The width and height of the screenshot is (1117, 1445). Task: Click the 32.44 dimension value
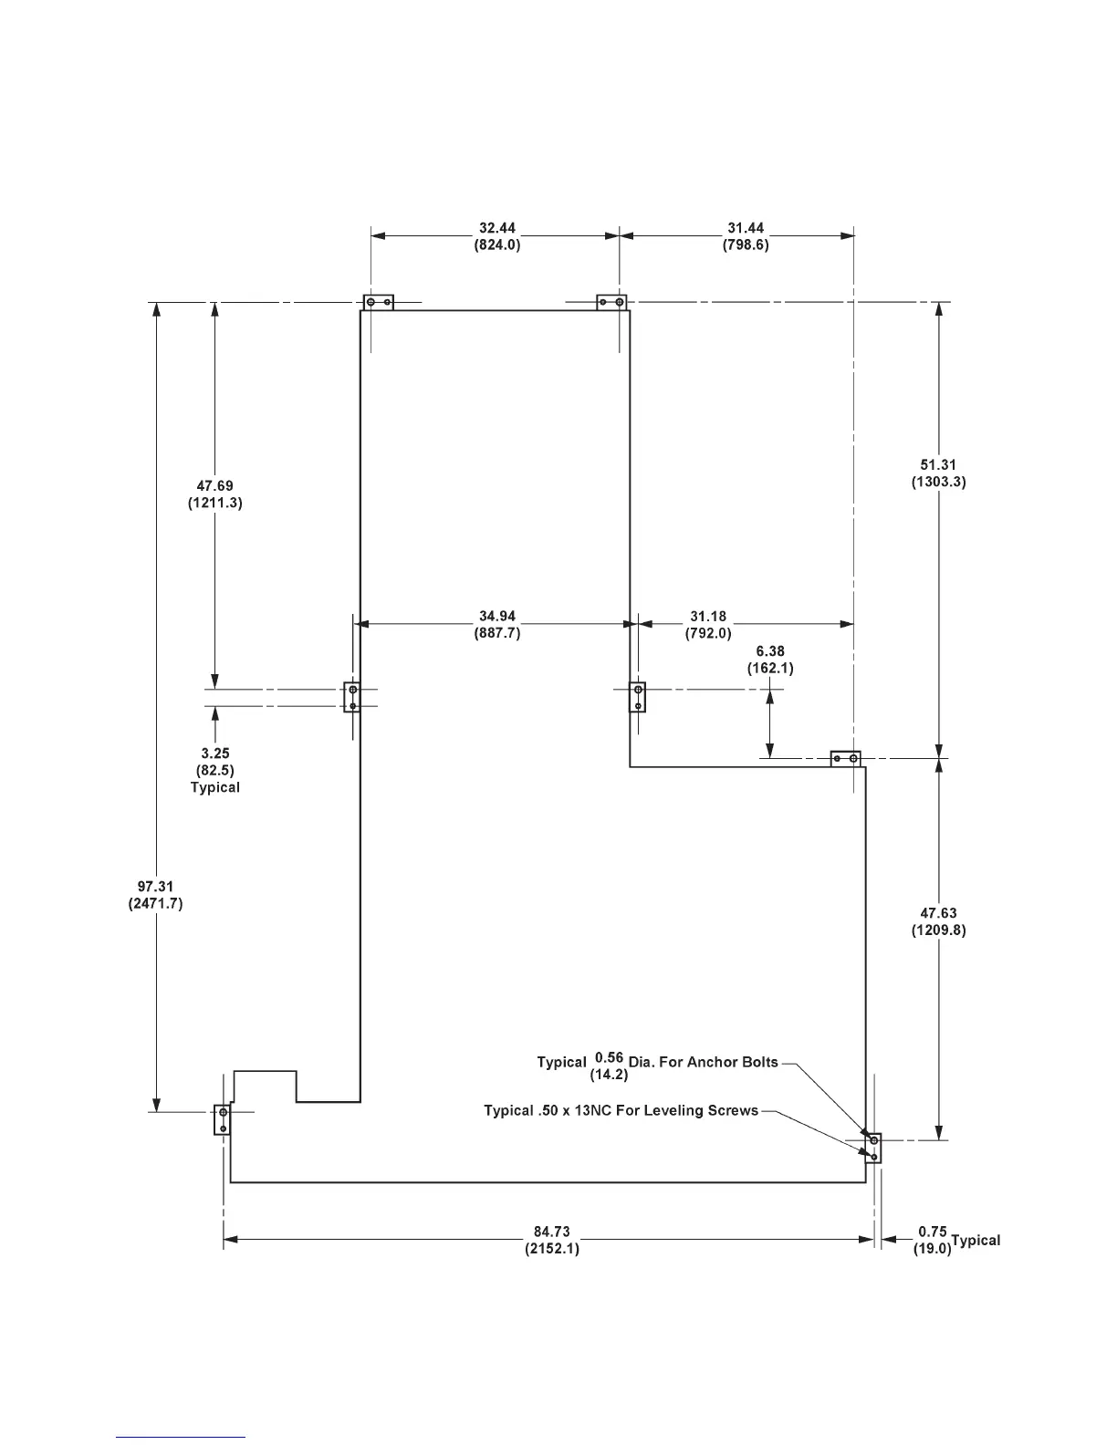(x=497, y=228)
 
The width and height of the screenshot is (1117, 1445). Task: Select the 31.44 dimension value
(x=746, y=228)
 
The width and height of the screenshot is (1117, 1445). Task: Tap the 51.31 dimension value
(x=938, y=465)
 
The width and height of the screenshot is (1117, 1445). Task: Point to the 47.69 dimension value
(x=214, y=486)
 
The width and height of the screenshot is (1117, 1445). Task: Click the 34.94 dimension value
(x=497, y=617)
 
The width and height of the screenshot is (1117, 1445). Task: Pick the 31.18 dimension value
(x=708, y=617)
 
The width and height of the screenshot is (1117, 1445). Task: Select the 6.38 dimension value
(x=770, y=651)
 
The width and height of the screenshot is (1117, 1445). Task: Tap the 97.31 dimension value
(x=156, y=887)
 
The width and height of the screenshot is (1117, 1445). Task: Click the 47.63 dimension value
(x=938, y=913)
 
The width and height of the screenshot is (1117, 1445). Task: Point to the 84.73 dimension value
(x=552, y=1232)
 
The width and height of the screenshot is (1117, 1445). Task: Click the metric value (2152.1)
(x=552, y=1248)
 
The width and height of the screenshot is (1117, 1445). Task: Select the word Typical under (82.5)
(x=215, y=787)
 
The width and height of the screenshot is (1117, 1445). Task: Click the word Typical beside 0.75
(x=976, y=1241)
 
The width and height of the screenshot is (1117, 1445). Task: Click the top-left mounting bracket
(x=379, y=302)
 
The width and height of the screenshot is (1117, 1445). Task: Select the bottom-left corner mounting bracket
(x=222, y=1119)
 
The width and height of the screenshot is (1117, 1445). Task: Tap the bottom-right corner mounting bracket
(x=873, y=1149)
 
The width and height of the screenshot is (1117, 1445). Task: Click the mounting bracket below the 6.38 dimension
(x=846, y=759)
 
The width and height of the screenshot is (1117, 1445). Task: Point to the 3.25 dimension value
(x=215, y=754)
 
